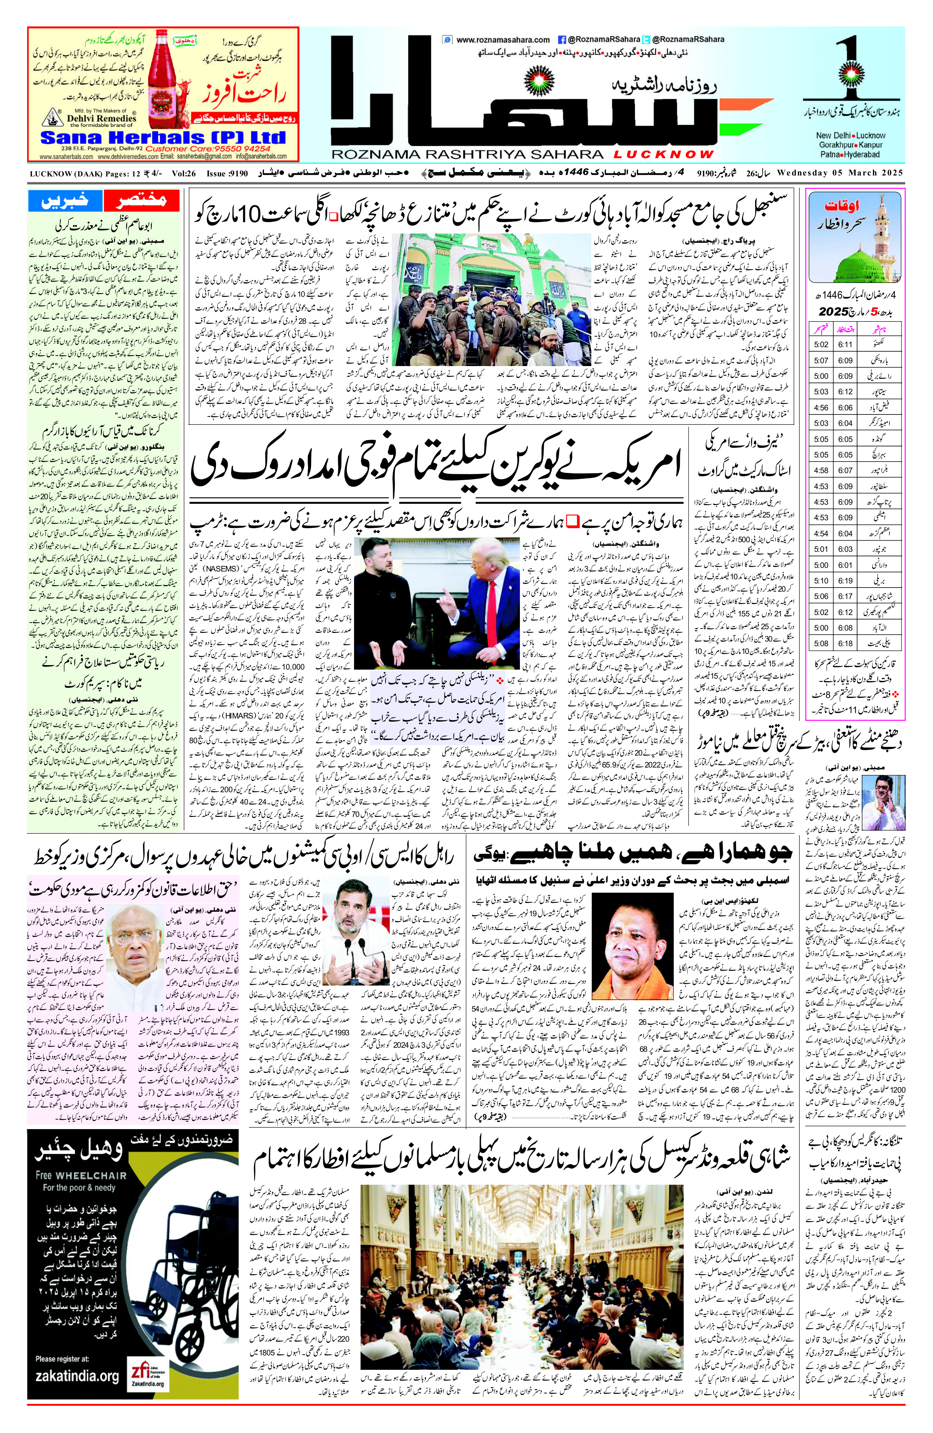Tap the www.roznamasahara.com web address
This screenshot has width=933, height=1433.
click(x=503, y=40)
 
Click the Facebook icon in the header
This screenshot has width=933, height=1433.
click(x=561, y=40)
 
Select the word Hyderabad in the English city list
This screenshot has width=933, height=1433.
click(x=861, y=154)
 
